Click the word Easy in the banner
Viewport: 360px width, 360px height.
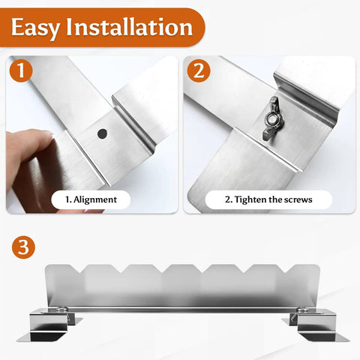pos(35,27)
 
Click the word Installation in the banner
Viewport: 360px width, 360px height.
pos(129,26)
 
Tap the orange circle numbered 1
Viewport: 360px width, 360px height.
pos(21,70)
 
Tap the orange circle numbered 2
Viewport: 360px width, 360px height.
pos(199,70)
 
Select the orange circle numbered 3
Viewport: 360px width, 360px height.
pos(23,247)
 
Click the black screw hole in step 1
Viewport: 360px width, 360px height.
pos(102,134)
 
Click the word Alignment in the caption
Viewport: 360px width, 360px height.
pos(95,199)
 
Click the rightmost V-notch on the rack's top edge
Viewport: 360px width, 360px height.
pos(286,268)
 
